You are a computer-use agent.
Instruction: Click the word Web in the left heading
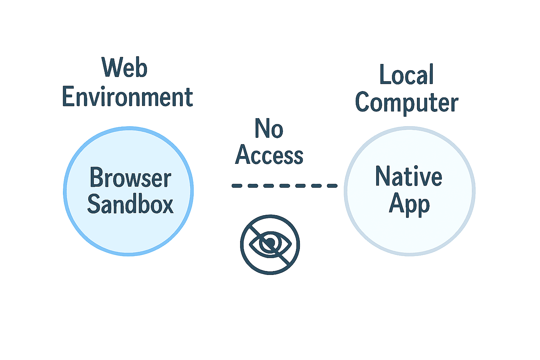[x=124, y=67]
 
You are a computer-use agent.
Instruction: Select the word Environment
[x=127, y=97]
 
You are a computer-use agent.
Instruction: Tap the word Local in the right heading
[x=406, y=75]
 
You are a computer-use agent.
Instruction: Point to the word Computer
[x=407, y=103]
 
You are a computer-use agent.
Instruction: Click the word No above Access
[x=269, y=129]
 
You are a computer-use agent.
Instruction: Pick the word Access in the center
[x=269, y=155]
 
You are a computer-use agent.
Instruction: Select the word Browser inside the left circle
[x=130, y=178]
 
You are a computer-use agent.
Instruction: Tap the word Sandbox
[x=130, y=204]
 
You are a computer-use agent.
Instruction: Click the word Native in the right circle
[x=409, y=176]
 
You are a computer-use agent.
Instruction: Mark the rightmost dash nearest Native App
[x=332, y=186]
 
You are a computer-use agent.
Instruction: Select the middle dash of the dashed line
[x=285, y=186]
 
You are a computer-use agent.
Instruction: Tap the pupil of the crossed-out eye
[x=270, y=243]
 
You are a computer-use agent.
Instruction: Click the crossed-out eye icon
[x=270, y=244]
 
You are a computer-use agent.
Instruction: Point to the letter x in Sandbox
[x=167, y=205]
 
